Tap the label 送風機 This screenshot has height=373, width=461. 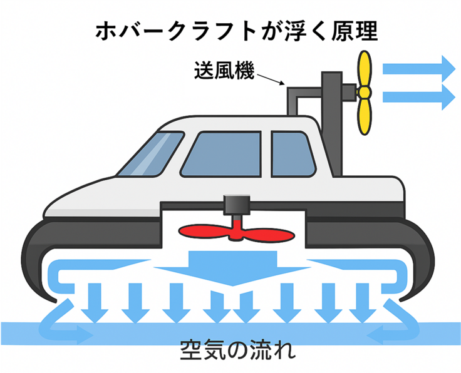[222, 69]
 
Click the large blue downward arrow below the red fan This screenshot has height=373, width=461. [233, 266]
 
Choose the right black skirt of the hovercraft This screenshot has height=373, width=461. [418, 250]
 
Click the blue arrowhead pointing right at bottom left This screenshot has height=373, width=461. [83, 335]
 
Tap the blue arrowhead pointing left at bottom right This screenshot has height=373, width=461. [376, 335]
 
